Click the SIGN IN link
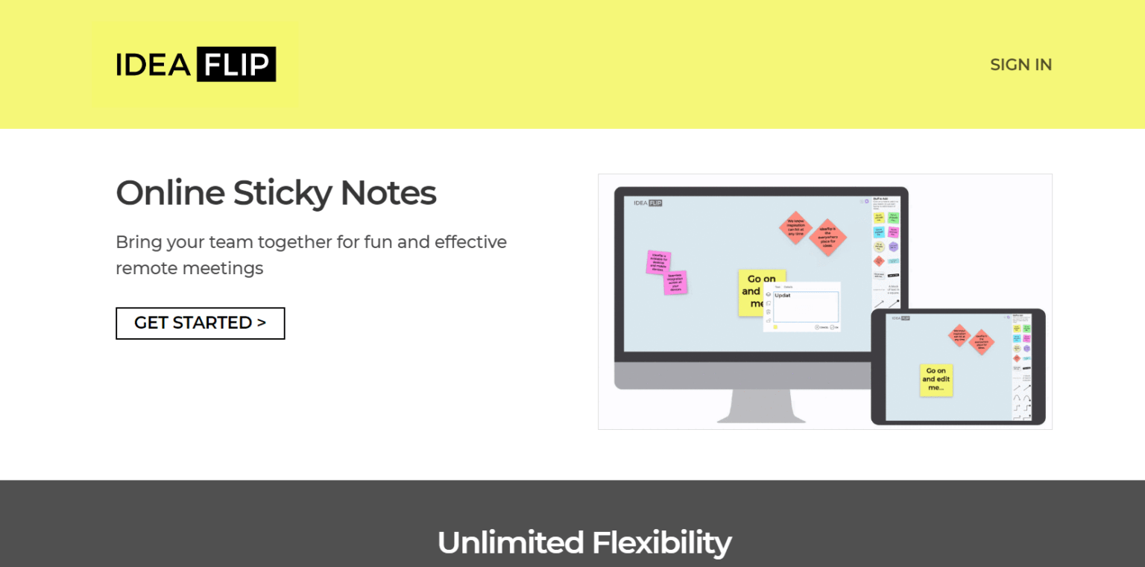pyautogui.click(x=1021, y=65)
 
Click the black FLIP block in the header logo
pyautogui.click(x=236, y=65)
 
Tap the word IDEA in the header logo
pyautogui.click(x=154, y=65)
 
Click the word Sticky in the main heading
pyautogui.click(x=282, y=193)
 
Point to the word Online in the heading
pyautogui.click(x=170, y=193)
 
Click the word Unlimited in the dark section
pyautogui.click(x=510, y=542)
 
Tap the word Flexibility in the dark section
pyautogui.click(x=661, y=542)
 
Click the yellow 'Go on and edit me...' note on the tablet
pyautogui.click(x=936, y=380)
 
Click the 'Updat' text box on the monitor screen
pyautogui.click(x=805, y=306)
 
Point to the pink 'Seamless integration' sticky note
pyautogui.click(x=675, y=282)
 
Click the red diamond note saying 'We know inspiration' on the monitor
pyautogui.click(x=795, y=227)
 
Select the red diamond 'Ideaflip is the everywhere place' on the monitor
pyautogui.click(x=827, y=238)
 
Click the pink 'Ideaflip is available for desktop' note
pyautogui.click(x=658, y=262)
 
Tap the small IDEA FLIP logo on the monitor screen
pyautogui.click(x=647, y=203)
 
